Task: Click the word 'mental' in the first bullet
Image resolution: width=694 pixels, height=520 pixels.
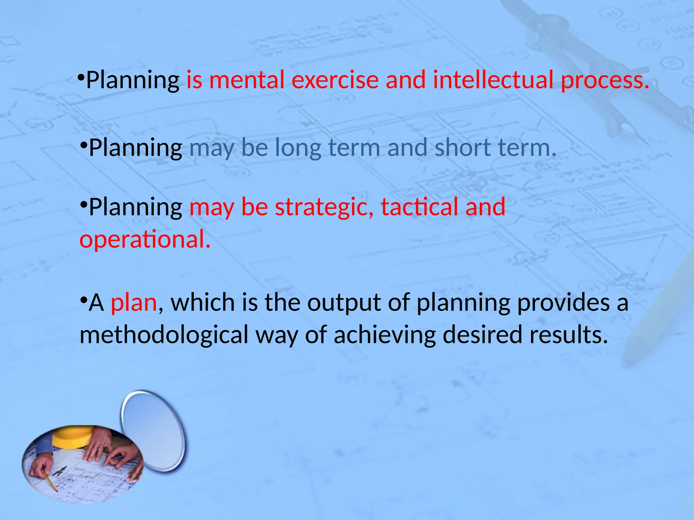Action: [246, 80]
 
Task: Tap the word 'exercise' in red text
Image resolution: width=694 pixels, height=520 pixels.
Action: [335, 80]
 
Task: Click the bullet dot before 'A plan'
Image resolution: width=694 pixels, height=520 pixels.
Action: [83, 300]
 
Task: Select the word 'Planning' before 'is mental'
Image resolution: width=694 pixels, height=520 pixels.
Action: [132, 81]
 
